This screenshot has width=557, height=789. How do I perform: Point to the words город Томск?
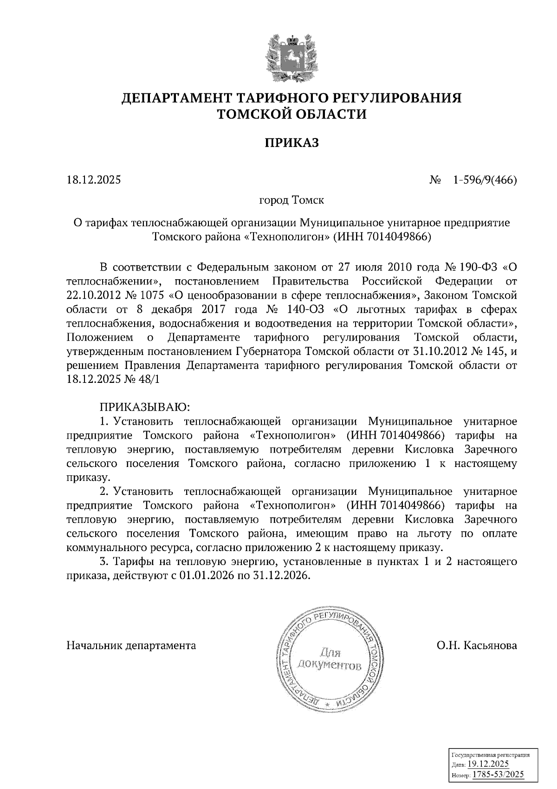click(291, 201)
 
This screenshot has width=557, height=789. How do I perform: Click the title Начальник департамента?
click(131, 645)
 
